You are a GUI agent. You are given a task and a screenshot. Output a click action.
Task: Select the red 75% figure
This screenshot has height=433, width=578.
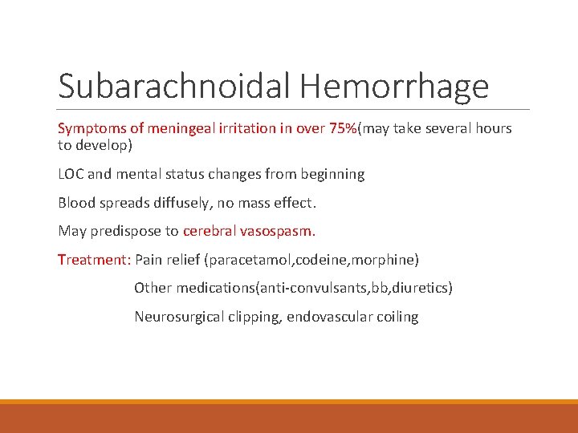coord(344,128)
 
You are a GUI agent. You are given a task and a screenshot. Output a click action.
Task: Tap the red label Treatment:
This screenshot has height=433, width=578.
coord(94,260)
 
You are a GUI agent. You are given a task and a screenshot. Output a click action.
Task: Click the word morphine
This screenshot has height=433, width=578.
coord(387,260)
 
